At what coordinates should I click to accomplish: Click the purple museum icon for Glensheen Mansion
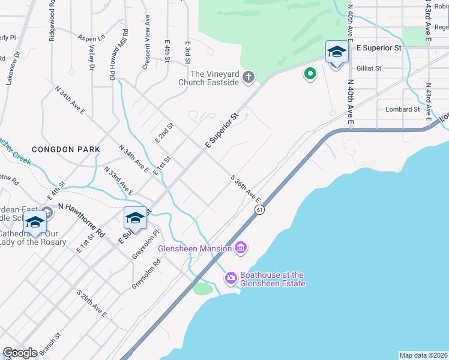coord(241,247)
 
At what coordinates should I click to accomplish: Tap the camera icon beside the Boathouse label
coord(231,277)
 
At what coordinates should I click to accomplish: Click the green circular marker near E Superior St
coord(310,74)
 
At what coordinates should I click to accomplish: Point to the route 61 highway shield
coord(259,209)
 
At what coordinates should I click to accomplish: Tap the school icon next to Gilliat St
coord(336,52)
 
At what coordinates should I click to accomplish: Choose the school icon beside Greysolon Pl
coord(135,218)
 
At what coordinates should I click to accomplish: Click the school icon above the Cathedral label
coord(35,222)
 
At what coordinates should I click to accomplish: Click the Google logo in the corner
coord(20,352)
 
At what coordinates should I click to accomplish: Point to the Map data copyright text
coord(424,355)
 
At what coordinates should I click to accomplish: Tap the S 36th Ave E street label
coord(246,188)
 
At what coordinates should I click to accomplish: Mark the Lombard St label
coord(403,109)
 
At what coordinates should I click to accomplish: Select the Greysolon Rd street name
coord(147,274)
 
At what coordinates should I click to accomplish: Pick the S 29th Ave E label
coord(92,304)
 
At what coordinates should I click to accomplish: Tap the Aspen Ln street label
coord(91,37)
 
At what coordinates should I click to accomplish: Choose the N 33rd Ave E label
coord(118,181)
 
